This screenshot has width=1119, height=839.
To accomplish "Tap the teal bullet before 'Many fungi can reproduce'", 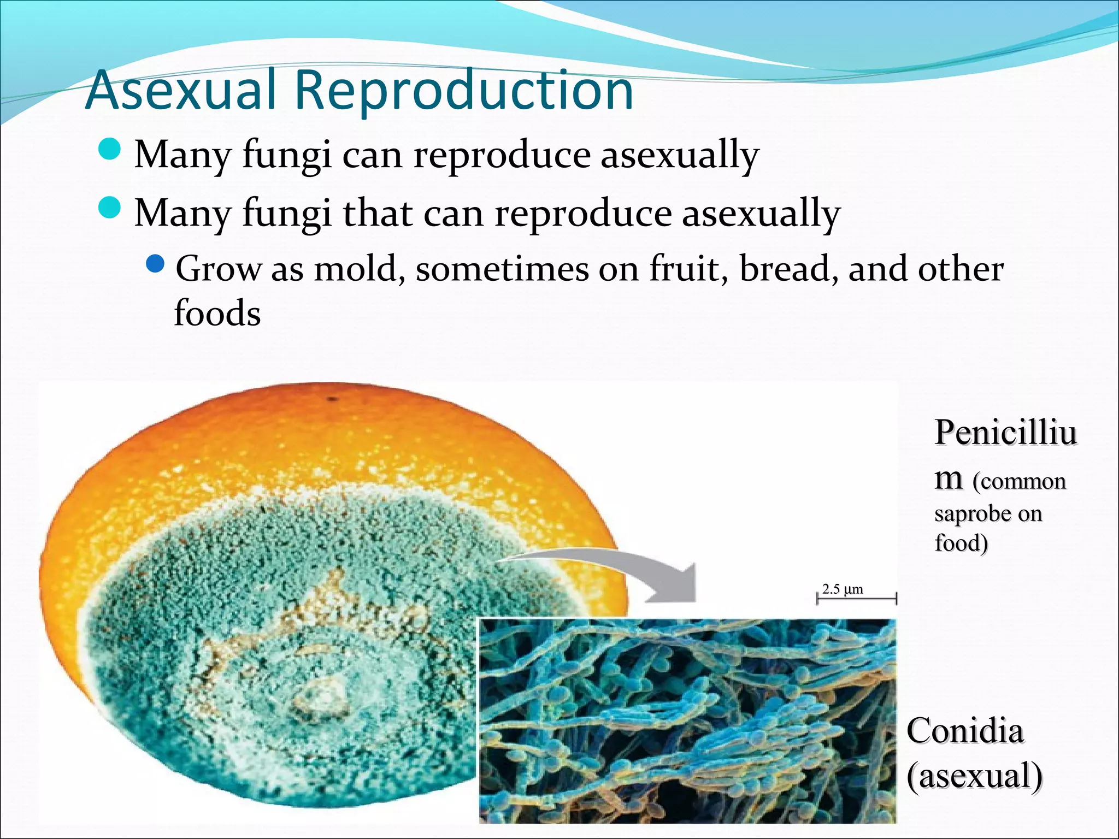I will coord(110,149).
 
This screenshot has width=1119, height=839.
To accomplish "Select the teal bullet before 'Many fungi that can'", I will coord(110,208).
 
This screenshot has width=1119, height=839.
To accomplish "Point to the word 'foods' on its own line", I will coord(217,313).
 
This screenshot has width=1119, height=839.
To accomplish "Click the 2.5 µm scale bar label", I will coord(843,589).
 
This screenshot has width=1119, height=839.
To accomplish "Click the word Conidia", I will coord(965,730).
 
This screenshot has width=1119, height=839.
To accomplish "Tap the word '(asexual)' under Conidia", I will coord(974,776).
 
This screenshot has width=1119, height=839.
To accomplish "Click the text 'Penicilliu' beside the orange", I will coord(1005,433).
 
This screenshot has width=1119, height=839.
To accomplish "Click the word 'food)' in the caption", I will coord(961,543).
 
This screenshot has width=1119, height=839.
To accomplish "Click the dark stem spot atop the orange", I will coord(333,399).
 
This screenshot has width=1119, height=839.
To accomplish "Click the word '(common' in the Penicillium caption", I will coord(1018,482).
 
